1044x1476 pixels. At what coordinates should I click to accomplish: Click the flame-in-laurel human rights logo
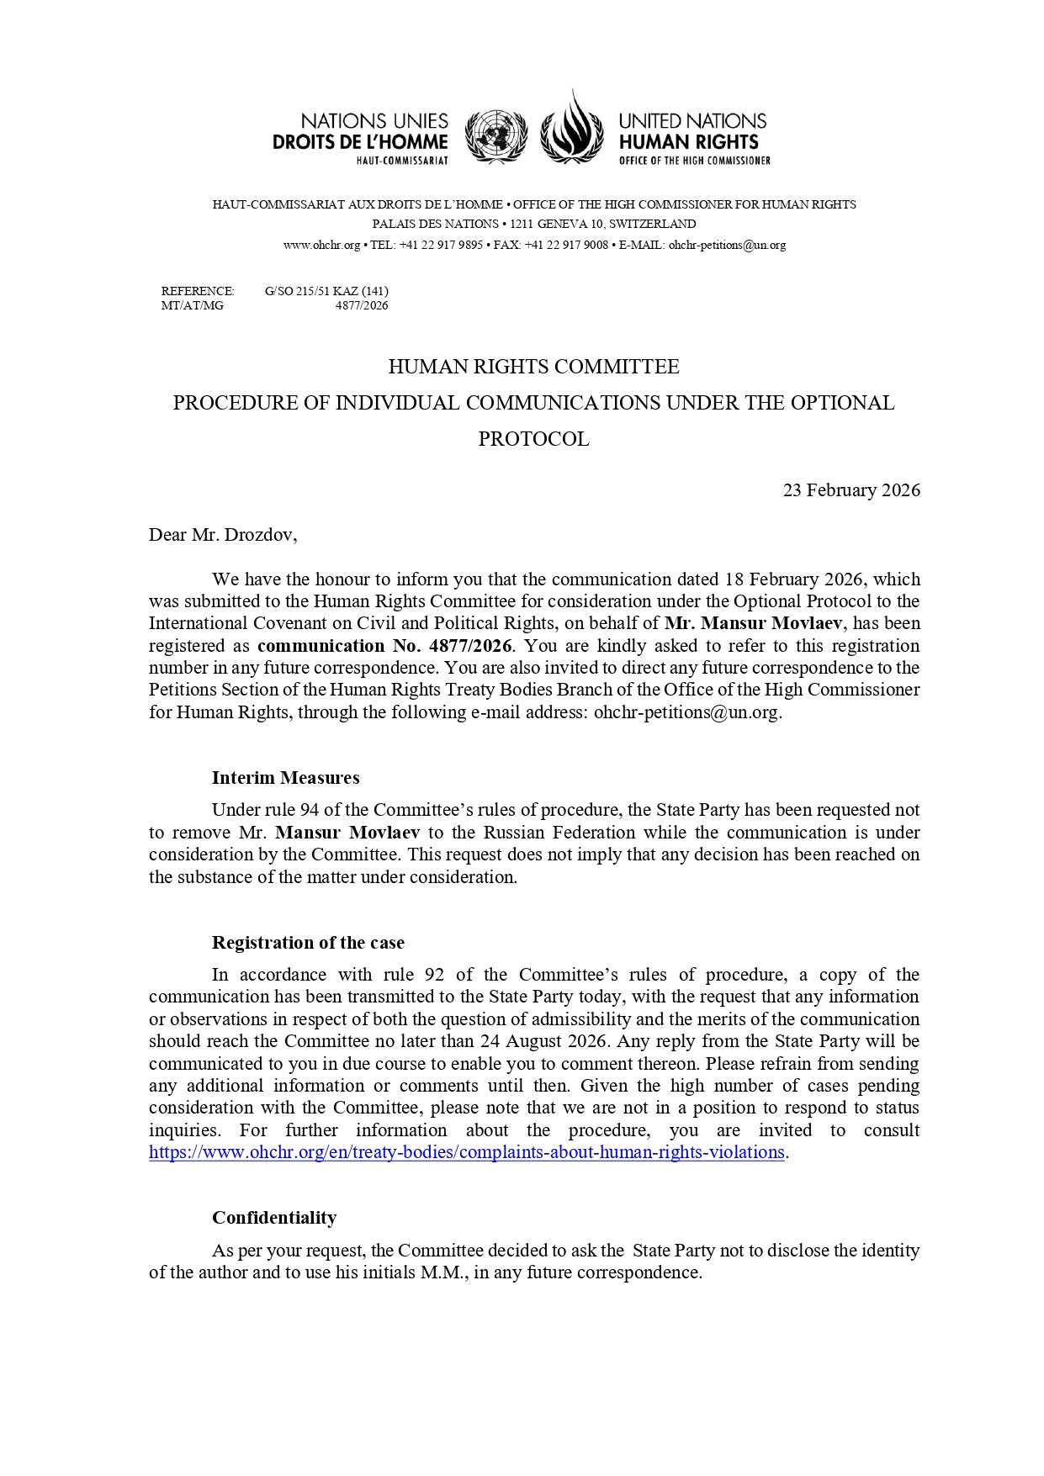572,126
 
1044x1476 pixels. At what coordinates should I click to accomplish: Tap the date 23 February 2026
851,490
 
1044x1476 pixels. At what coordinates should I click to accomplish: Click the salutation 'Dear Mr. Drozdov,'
223,535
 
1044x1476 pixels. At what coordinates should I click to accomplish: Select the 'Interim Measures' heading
285,778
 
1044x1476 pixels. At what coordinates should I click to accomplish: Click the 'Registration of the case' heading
308,943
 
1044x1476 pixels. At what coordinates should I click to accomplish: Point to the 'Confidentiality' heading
274,1218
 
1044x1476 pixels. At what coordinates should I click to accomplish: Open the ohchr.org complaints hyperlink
467,1152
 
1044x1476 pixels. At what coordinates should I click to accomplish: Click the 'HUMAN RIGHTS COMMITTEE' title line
533,367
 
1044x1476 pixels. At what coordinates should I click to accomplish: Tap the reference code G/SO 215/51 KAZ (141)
326,292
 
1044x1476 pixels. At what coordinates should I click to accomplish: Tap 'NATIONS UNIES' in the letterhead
374,122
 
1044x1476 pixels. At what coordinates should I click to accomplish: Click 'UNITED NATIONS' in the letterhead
692,122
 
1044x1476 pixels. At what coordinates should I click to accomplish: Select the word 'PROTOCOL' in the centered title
533,439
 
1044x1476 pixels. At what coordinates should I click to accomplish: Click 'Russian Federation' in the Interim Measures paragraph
559,833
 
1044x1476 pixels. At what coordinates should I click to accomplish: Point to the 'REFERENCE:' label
198,292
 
